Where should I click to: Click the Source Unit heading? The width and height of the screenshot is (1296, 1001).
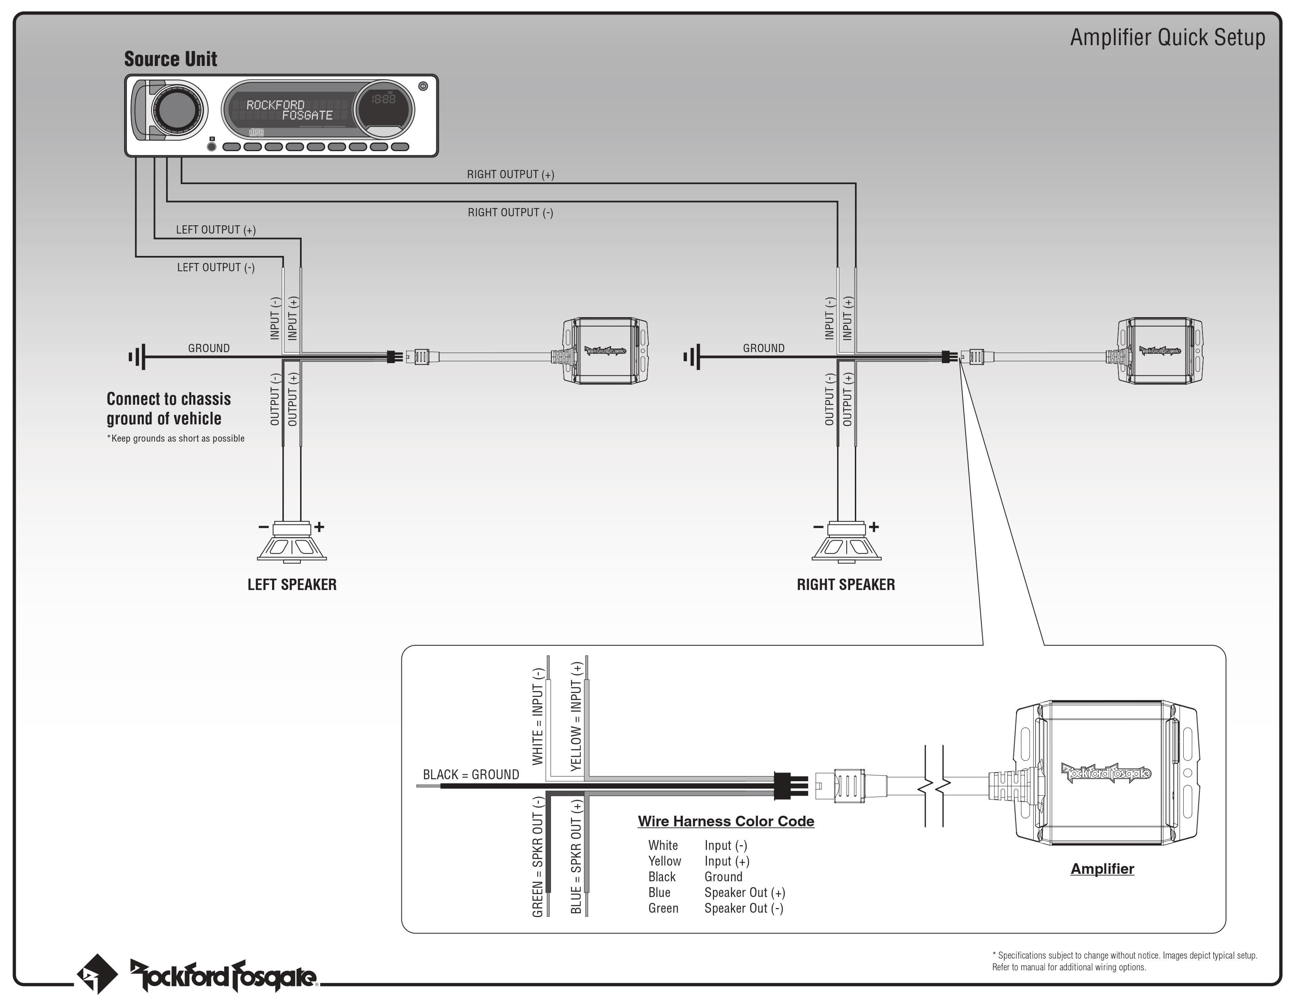pyautogui.click(x=170, y=59)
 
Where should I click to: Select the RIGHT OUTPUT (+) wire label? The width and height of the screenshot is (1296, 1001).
pyautogui.click(x=510, y=174)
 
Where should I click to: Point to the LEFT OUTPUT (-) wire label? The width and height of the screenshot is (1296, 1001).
pyautogui.click(x=216, y=267)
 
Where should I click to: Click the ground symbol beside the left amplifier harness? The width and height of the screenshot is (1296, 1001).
pyautogui.click(x=137, y=356)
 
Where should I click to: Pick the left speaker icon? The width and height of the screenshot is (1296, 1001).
pyautogui.click(x=292, y=541)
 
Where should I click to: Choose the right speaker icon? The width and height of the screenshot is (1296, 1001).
pyautogui.click(x=847, y=541)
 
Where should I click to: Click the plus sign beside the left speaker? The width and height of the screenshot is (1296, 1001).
pyautogui.click(x=319, y=526)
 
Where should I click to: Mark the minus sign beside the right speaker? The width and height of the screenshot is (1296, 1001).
pyautogui.click(x=818, y=526)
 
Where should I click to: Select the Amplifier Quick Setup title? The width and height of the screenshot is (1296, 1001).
pyautogui.click(x=1167, y=37)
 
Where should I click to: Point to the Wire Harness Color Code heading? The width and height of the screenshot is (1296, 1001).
pyautogui.click(x=726, y=821)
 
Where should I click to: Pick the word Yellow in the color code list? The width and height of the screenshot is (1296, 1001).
pyautogui.click(x=664, y=861)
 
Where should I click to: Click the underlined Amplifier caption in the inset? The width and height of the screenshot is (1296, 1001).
pyautogui.click(x=1102, y=869)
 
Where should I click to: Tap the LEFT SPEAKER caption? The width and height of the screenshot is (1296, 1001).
pyautogui.click(x=292, y=585)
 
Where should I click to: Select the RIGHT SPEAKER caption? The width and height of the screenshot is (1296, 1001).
pyautogui.click(x=846, y=585)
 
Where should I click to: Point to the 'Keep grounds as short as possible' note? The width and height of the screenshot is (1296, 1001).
pyautogui.click(x=176, y=438)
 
